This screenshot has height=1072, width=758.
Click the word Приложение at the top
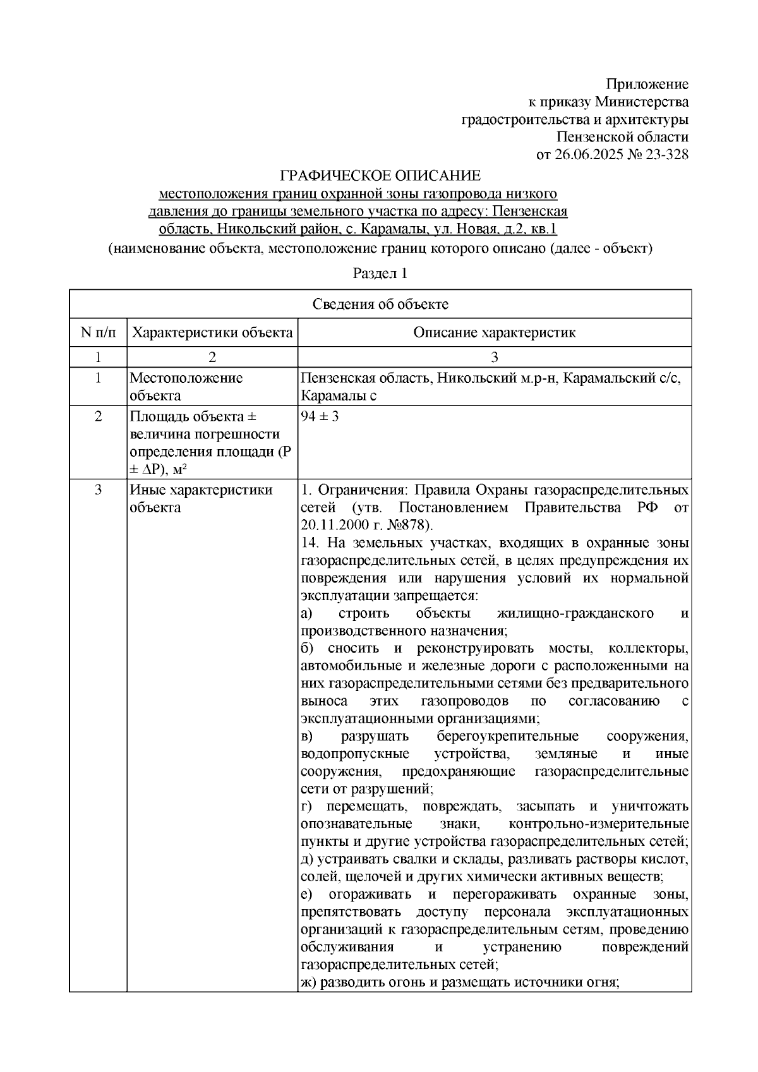point(647,85)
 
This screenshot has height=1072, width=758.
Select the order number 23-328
point(665,155)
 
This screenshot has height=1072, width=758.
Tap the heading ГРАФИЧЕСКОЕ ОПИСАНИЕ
point(380,175)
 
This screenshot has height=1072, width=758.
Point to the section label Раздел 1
point(380,274)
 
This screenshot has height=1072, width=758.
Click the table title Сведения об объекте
point(380,304)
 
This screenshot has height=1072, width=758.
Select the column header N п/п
point(98,332)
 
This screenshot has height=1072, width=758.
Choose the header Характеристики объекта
point(212,332)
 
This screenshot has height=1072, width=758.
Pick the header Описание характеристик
point(494,332)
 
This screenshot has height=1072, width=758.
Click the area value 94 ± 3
point(320,417)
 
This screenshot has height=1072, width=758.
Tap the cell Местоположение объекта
point(186,387)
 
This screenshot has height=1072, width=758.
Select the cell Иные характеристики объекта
point(201,498)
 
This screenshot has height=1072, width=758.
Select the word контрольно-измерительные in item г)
point(598,824)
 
